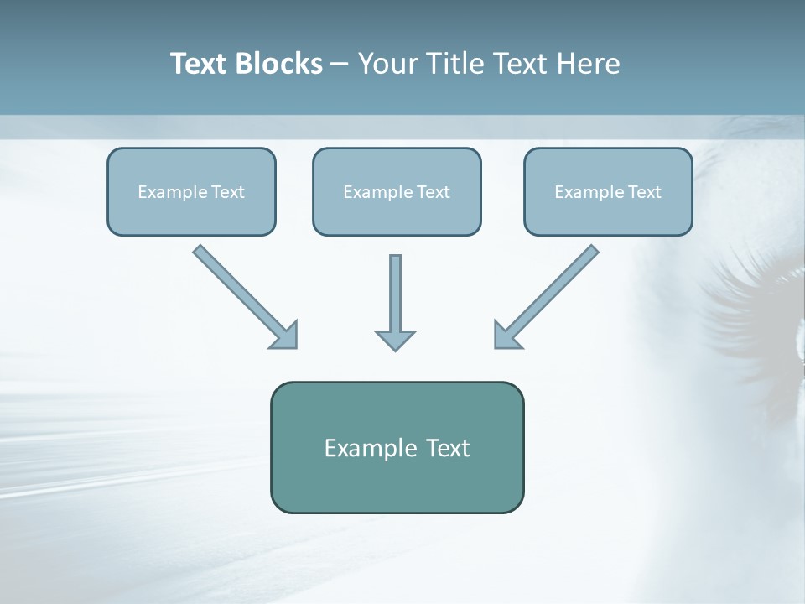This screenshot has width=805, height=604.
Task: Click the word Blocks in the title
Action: point(281,64)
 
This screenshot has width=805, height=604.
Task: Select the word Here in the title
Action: point(588,64)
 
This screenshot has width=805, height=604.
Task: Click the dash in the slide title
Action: point(340,65)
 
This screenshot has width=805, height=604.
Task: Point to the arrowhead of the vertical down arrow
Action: point(395,340)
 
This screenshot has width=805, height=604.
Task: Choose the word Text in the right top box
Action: point(644,192)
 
